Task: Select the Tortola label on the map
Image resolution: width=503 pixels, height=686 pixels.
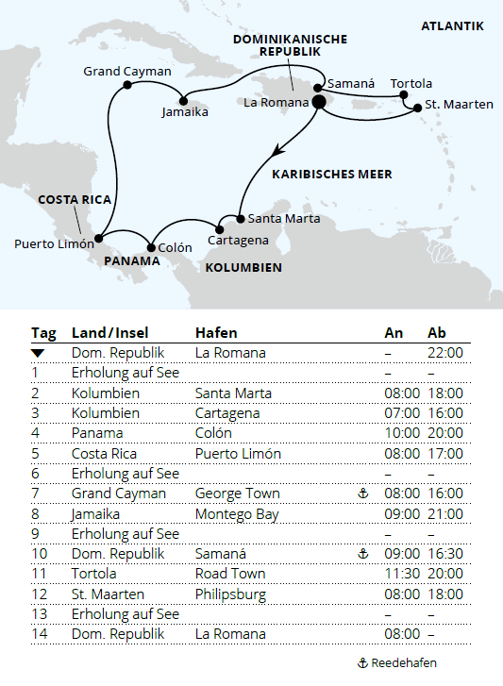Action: [x=411, y=83]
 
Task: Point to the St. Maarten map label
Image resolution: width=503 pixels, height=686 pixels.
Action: [x=459, y=104]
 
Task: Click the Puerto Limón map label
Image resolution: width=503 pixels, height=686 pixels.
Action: [x=53, y=243]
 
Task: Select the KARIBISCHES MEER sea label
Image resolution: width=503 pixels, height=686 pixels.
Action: [x=331, y=175]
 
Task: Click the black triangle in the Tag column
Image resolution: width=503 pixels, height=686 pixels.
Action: [x=38, y=353]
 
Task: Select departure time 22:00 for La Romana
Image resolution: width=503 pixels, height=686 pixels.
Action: [x=445, y=353]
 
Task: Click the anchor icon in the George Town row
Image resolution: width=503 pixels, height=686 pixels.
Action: [x=363, y=494]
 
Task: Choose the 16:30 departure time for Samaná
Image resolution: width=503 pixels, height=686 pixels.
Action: [x=445, y=554]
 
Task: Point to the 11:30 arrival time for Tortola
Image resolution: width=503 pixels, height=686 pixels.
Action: [x=402, y=574]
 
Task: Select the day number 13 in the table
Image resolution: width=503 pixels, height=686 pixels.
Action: [x=39, y=614]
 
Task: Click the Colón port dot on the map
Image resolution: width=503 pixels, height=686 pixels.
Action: [x=151, y=248]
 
